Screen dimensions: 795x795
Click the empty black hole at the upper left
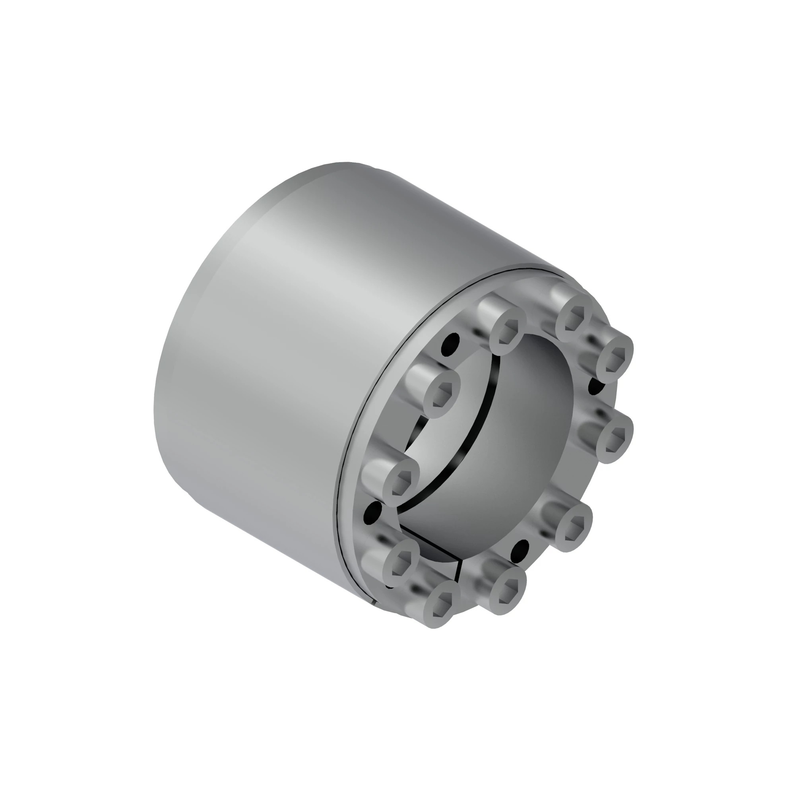pyautogui.click(x=451, y=345)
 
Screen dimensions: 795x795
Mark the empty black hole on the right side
pyautogui.click(x=597, y=386)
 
